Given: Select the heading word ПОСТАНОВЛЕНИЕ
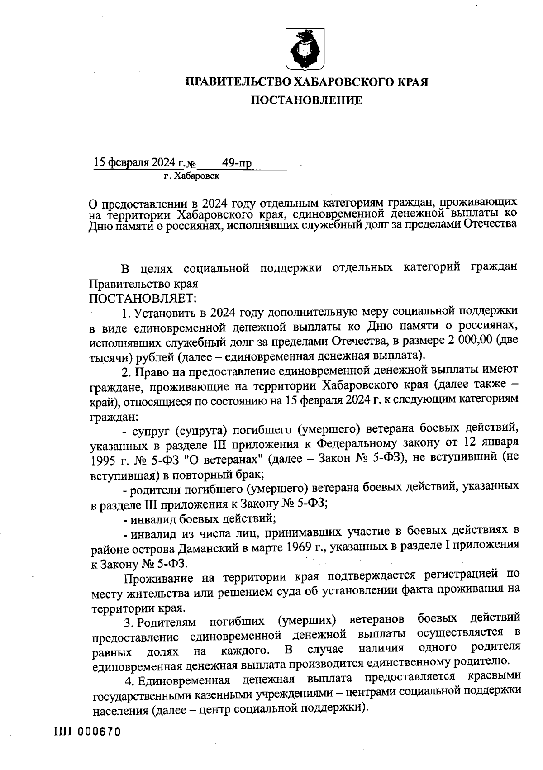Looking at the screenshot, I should click(x=307, y=100).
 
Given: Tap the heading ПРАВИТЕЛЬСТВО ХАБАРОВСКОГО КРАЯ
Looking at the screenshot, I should click(x=307, y=82).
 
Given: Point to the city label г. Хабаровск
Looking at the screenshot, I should click(x=191, y=176).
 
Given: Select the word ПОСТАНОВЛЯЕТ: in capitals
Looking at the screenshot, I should click(x=143, y=298).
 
